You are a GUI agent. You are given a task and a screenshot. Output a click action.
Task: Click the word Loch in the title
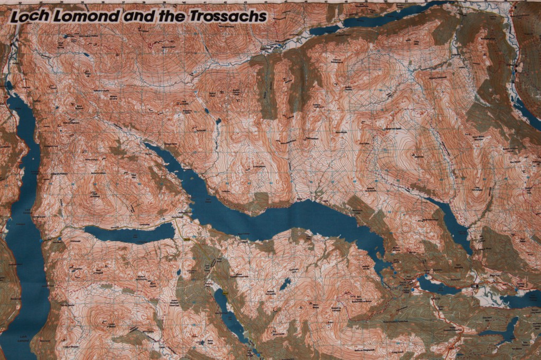click(x=26, y=17)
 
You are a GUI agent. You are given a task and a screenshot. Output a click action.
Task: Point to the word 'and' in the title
click(x=135, y=17)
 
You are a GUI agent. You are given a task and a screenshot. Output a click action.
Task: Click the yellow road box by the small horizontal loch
click(x=186, y=239)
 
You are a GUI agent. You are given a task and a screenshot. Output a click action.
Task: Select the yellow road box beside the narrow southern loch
click(x=226, y=292)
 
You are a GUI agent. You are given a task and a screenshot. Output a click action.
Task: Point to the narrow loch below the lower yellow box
click(x=228, y=315)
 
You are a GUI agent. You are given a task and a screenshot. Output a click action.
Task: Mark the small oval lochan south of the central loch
click(x=285, y=285)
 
